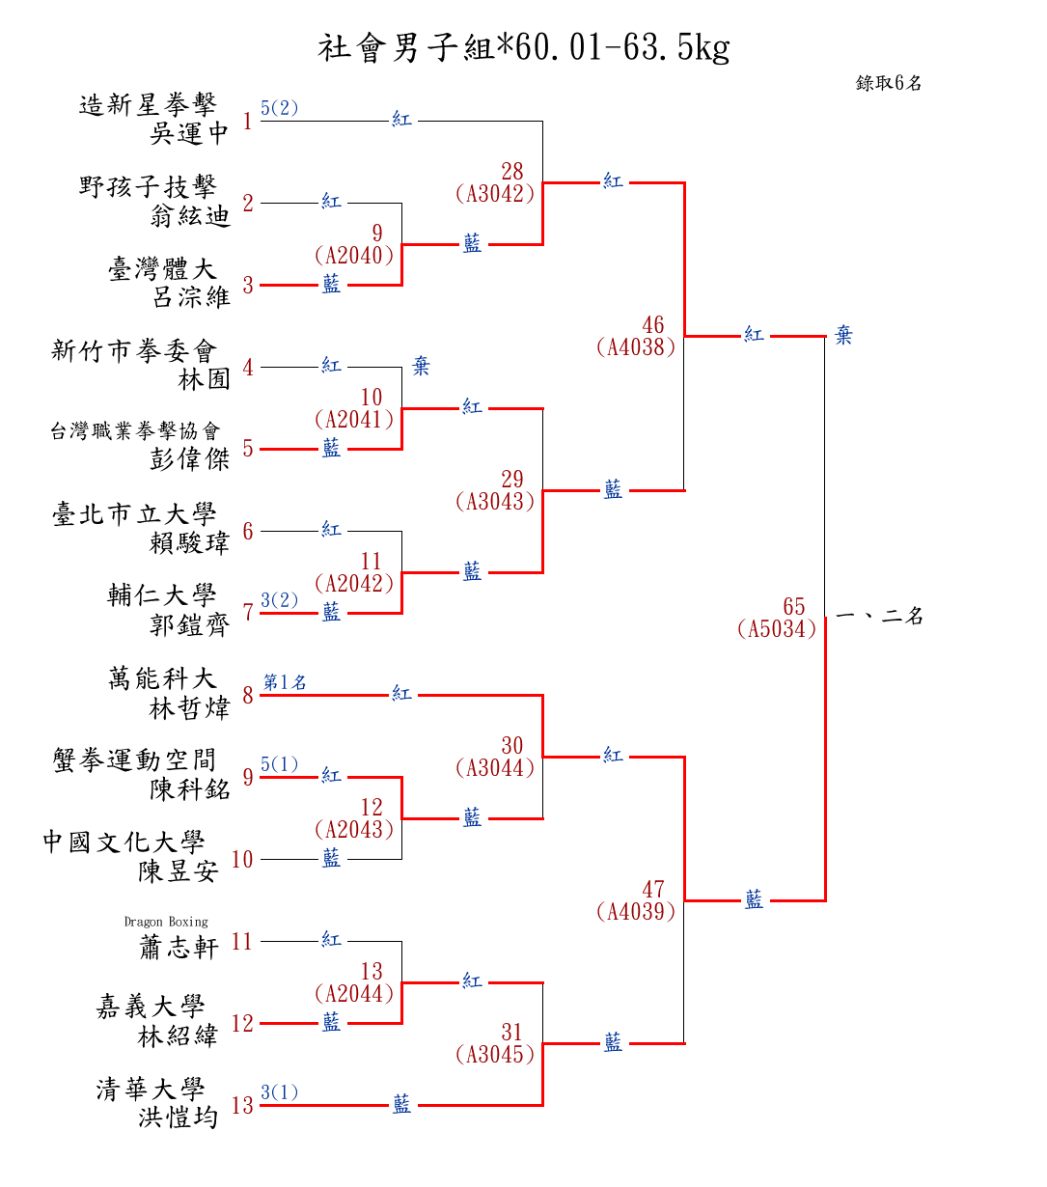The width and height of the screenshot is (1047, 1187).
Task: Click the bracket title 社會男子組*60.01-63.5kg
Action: tap(523, 47)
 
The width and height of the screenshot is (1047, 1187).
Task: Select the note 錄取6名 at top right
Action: tap(889, 83)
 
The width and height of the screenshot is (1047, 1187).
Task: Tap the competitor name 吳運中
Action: tap(189, 133)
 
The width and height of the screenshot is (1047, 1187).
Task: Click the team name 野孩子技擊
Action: tap(148, 186)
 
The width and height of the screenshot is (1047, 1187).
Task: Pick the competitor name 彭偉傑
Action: tap(189, 459)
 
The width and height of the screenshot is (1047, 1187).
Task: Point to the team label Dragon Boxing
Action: tap(166, 922)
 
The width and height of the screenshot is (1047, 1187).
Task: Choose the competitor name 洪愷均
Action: tap(178, 1118)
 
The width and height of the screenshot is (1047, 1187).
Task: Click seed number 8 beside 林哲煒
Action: tap(248, 696)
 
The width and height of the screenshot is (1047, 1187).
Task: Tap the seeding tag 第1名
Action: tap(285, 682)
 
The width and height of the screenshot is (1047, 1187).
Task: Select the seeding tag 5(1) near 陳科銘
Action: tap(280, 764)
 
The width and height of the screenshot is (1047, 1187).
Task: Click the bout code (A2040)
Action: tap(354, 256)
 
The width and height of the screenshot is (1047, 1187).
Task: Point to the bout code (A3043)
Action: tap(495, 502)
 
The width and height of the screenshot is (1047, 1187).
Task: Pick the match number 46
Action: tap(653, 325)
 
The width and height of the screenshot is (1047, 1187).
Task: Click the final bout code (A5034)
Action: tap(777, 629)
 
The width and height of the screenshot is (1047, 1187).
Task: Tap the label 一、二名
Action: tap(879, 616)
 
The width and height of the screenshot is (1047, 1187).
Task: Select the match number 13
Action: tap(372, 971)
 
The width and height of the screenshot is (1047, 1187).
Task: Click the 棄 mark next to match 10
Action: tap(421, 367)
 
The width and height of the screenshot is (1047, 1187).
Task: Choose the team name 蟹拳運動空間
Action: tap(134, 760)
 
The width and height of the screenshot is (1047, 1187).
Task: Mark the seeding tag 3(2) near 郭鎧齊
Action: tap(280, 600)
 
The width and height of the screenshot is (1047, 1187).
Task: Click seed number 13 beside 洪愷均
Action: tap(242, 1106)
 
